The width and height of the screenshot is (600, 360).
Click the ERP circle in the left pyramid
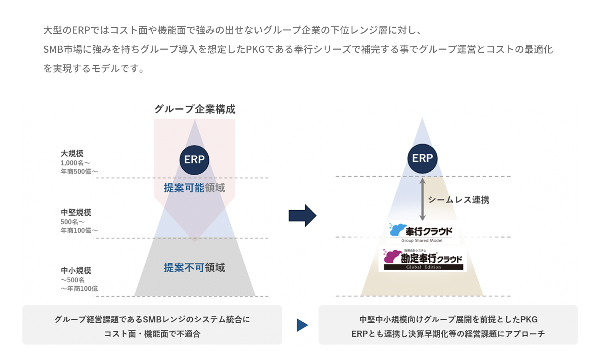click(194, 160)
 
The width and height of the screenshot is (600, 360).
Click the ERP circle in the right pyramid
click(422, 158)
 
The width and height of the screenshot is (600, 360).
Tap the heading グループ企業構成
click(195, 109)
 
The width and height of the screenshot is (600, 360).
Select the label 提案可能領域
click(194, 188)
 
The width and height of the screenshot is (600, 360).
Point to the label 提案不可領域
click(194, 268)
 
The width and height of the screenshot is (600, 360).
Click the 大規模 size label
click(72, 154)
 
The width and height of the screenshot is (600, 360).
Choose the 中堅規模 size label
click(76, 212)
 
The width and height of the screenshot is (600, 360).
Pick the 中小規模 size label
click(76, 270)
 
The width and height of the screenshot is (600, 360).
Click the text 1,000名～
click(75, 163)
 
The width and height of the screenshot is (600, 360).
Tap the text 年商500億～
click(79, 172)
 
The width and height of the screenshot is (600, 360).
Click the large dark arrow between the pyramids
click(302, 216)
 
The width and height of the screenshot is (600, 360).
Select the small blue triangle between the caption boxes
click(302, 325)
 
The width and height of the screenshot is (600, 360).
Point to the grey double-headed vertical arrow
click(422, 199)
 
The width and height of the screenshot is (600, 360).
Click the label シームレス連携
click(458, 200)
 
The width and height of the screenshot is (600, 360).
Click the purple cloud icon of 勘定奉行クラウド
click(392, 256)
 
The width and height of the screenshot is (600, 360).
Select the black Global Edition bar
click(424, 267)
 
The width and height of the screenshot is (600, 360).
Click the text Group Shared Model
click(422, 240)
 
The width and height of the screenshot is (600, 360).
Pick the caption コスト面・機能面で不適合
click(152, 334)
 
